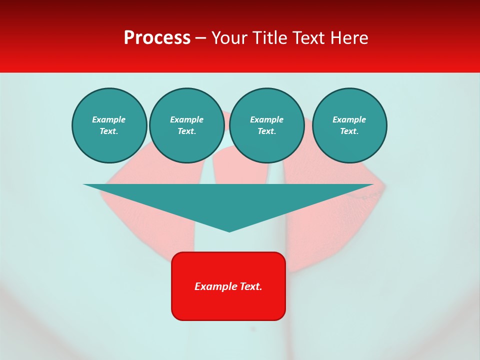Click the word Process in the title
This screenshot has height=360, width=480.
tap(157, 38)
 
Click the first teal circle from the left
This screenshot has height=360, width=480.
tap(109, 125)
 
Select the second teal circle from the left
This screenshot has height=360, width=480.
tap(187, 125)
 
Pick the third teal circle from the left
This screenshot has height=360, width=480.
tap(267, 125)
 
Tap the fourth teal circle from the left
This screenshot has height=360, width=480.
tap(349, 125)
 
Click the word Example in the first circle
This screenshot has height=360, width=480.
tap(109, 119)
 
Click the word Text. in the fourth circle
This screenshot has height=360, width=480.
tap(349, 131)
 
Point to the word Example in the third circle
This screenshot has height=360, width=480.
tap(267, 119)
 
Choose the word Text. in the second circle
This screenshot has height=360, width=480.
tap(187, 131)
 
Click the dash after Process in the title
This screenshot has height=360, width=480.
tap(201, 38)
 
